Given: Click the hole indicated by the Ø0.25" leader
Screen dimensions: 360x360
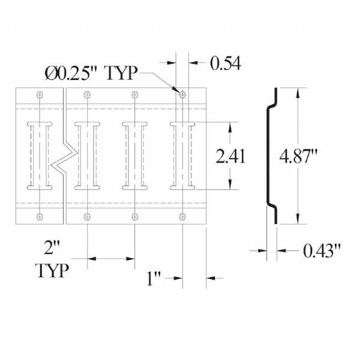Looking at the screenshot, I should [182, 94].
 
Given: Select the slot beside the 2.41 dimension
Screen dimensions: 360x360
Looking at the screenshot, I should [182, 156].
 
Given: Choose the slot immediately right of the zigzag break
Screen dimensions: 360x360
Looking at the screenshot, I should [88, 156].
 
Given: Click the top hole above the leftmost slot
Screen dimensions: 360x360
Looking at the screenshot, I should [40, 94].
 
